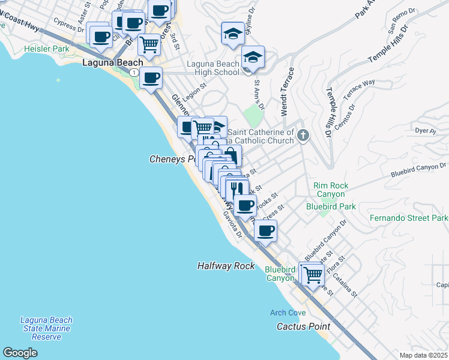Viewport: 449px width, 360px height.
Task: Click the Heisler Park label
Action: pyautogui.click(x=44, y=49)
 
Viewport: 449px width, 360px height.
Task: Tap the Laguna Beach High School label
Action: pyautogui.click(x=213, y=68)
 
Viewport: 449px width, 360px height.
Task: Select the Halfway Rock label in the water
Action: pyautogui.click(x=226, y=266)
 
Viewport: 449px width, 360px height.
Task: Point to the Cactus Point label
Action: pyautogui.click(x=303, y=326)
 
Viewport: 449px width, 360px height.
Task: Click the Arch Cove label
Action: pyautogui.click(x=288, y=313)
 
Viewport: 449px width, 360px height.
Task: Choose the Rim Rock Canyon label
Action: pyautogui.click(x=330, y=190)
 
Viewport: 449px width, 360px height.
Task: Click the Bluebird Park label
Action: pyautogui.click(x=331, y=206)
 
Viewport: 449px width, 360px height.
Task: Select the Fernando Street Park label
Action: pyautogui.click(x=409, y=218)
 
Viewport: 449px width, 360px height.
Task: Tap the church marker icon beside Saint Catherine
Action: pyautogui.click(x=303, y=136)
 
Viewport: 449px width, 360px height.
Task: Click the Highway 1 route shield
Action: pyautogui.click(x=134, y=72)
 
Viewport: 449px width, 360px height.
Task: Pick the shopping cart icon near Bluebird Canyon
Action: pyautogui.click(x=312, y=275)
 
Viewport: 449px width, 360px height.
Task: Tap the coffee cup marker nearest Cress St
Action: pyautogui.click(x=265, y=230)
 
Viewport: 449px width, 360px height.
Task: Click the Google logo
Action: pyautogui.click(x=20, y=353)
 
